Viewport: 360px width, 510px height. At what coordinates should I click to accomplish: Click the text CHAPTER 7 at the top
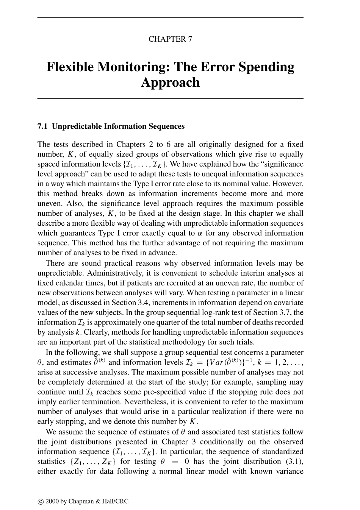(x=170, y=39)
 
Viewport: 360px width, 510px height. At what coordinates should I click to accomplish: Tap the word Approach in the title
(x=170, y=83)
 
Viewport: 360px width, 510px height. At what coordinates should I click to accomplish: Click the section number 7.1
(x=42, y=126)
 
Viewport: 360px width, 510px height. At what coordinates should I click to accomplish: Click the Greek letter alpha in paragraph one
(x=200, y=233)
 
